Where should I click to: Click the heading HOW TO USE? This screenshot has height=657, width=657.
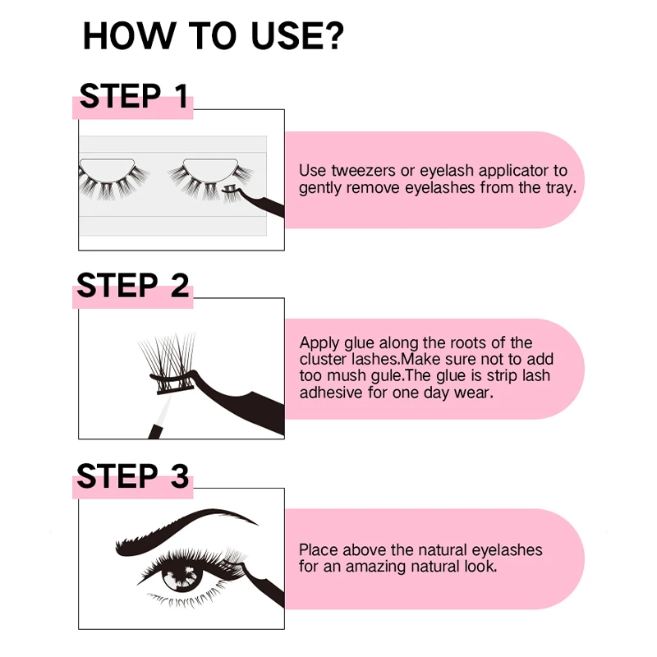(213, 37)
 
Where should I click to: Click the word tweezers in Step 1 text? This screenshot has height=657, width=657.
(358, 171)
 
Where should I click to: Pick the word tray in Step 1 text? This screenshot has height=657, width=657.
(558, 187)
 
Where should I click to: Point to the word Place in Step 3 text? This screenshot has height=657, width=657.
(317, 550)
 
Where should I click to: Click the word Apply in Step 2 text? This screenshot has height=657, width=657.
(318, 343)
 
